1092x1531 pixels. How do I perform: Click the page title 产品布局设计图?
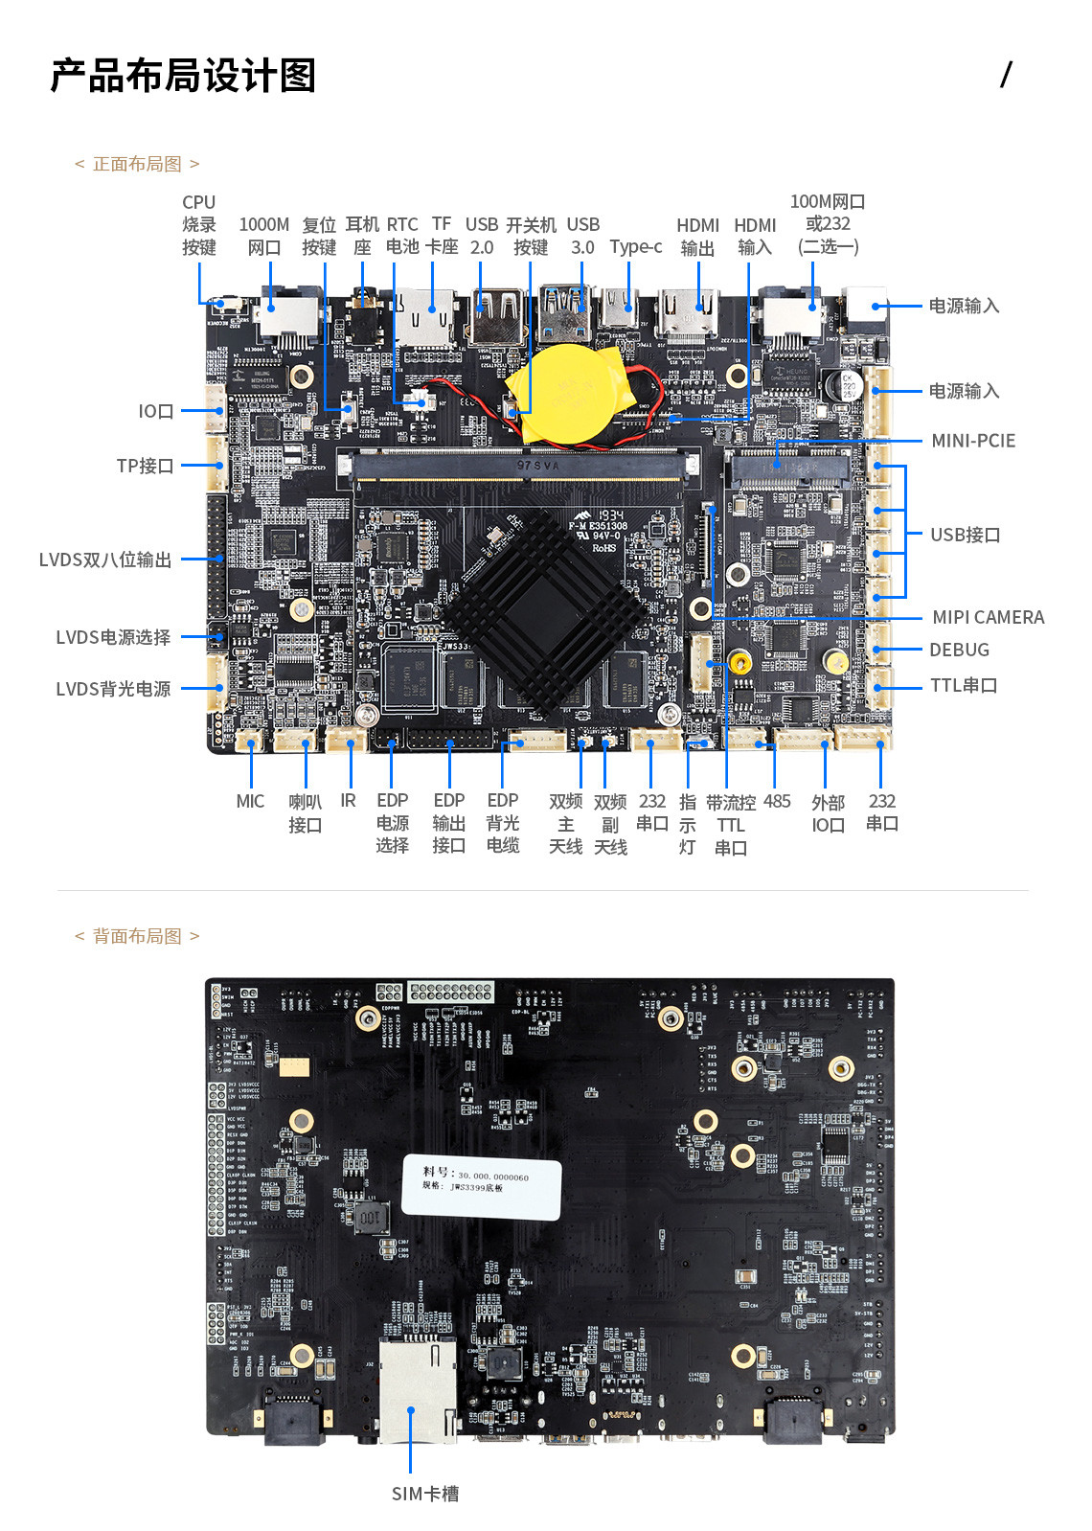point(183,76)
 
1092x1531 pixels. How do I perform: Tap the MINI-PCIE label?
point(972,441)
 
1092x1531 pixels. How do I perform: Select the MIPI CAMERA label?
point(988,618)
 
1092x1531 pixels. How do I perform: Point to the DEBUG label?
point(958,651)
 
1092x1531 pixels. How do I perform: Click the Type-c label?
point(635,247)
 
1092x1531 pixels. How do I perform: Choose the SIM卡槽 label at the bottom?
point(424,1494)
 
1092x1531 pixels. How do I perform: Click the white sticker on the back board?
point(482,1185)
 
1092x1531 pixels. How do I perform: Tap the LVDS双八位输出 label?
point(105,560)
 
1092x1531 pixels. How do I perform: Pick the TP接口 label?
point(145,467)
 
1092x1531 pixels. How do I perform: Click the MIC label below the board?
point(250,802)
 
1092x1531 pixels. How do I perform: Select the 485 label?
point(777,802)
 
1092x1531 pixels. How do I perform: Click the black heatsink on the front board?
point(541,609)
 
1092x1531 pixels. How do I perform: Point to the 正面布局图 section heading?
point(137,165)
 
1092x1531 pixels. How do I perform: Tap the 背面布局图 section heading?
point(137,936)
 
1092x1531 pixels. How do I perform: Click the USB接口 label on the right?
point(965,536)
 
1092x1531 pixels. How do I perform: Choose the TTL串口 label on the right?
point(963,686)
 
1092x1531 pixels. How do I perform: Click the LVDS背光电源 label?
point(113,689)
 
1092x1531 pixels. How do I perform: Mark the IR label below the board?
point(348,802)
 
